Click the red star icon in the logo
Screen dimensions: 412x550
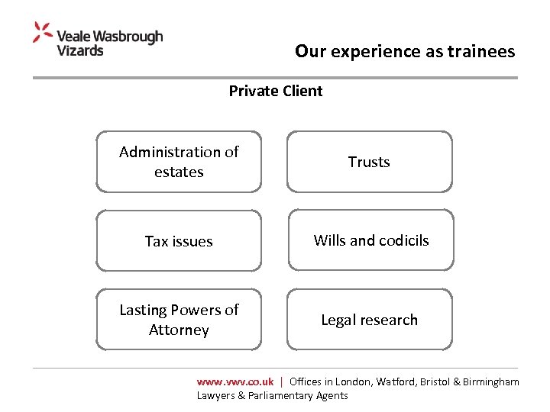[x=43, y=33]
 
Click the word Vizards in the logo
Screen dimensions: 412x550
[x=80, y=50]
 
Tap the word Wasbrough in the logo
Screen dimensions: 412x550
[x=129, y=36]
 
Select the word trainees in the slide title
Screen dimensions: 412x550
[x=480, y=52]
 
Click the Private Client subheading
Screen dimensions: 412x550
[x=276, y=91]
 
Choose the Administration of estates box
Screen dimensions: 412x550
[x=179, y=162]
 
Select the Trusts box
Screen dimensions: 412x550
[x=369, y=162]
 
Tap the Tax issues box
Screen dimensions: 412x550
[x=179, y=241]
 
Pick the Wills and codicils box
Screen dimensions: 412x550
[x=370, y=240]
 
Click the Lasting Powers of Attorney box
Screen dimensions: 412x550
[x=179, y=320]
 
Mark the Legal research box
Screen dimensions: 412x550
[x=369, y=320]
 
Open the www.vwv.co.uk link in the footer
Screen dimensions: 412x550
[x=235, y=381]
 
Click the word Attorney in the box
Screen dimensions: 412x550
[x=179, y=330]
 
